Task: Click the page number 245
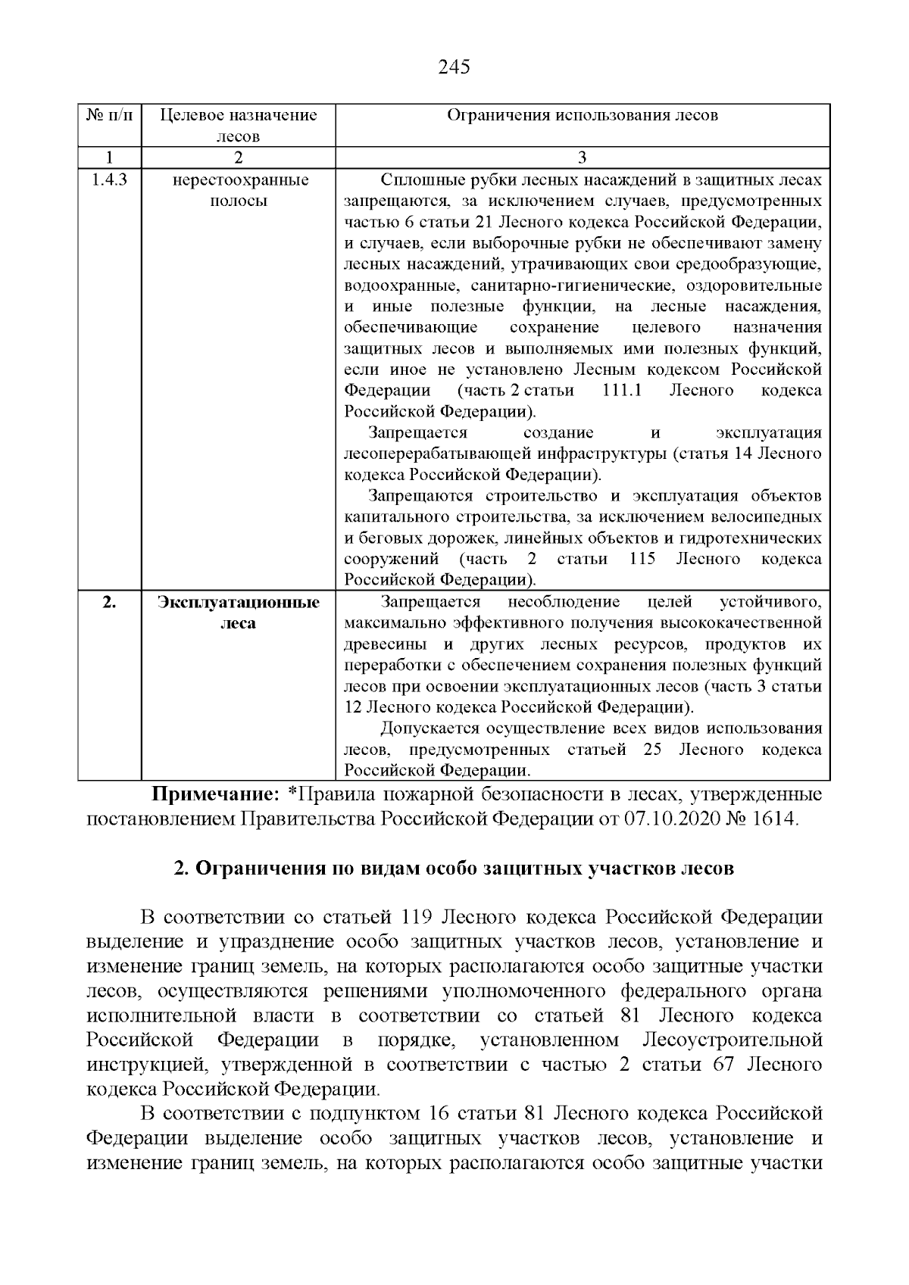(454, 67)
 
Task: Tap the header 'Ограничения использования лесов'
(582, 115)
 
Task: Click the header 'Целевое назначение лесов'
(238, 126)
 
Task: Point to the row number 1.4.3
(109, 180)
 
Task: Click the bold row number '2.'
(109, 603)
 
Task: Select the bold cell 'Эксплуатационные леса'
(238, 613)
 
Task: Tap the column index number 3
(582, 158)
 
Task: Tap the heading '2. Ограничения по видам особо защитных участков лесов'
(454, 869)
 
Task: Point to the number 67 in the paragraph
(724, 1065)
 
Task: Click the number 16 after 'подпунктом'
(440, 1114)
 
